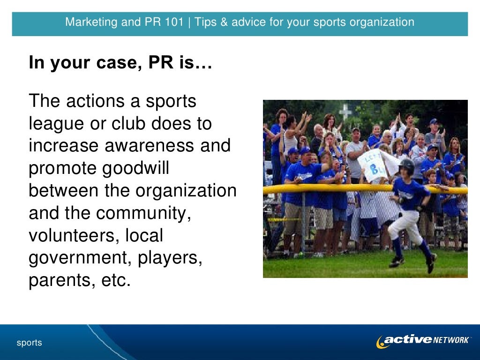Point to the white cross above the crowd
(x=345, y=111)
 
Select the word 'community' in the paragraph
(x=143, y=214)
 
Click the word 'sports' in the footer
(x=30, y=343)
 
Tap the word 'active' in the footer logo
(x=407, y=340)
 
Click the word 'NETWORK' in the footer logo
(x=451, y=340)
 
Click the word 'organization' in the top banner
(x=385, y=22)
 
